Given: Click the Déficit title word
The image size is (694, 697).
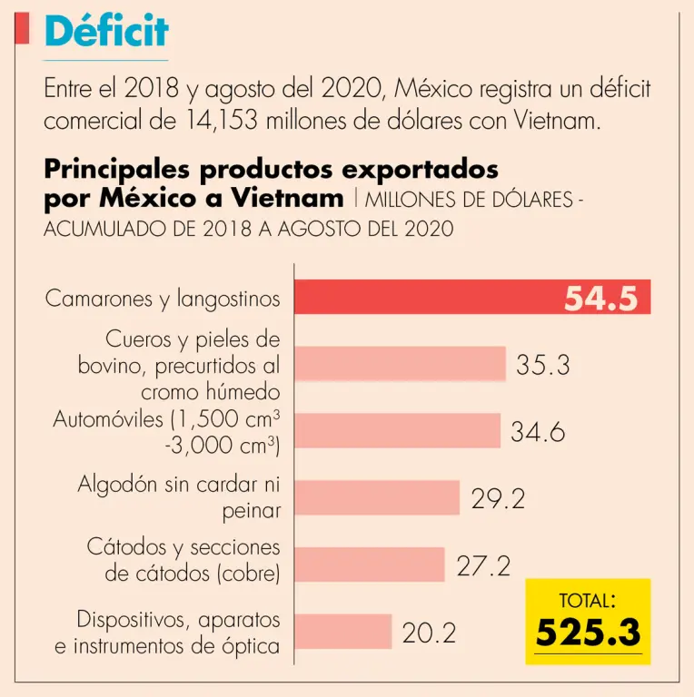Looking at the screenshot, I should tap(106, 30).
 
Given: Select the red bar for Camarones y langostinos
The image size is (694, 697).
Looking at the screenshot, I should tap(427, 297).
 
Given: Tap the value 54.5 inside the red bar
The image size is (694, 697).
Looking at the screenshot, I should tap(600, 298).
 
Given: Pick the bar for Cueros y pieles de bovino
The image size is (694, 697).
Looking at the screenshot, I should tap(401, 363).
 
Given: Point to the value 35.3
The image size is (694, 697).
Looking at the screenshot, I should tap(542, 365).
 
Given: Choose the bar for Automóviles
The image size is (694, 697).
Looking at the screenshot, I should tap(398, 430).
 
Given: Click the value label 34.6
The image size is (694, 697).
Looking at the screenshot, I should tap(538, 432).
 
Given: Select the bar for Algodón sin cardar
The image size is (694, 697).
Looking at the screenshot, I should tap(378, 497).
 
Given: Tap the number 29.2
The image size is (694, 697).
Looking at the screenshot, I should tap(498, 498).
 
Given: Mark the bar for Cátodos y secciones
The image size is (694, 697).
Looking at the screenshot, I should tap(370, 564).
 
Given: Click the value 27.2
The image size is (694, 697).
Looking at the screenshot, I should tap(482, 565).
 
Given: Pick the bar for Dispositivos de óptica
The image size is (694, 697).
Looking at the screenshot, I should tap(343, 632).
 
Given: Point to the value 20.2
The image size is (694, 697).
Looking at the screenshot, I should tap(429, 633).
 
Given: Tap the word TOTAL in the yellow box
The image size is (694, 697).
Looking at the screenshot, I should tap(586, 600).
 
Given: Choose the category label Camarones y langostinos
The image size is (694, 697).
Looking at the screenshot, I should tap(163, 299).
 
